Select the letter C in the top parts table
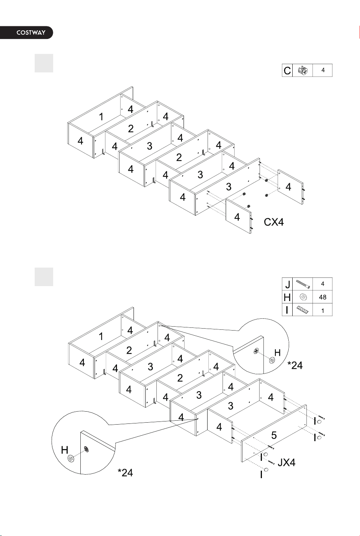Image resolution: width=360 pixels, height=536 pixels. point(287,70)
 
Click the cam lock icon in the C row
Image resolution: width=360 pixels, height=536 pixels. point(303,70)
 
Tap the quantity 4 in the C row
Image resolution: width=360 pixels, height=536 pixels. point(323,70)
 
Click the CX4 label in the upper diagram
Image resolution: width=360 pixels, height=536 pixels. point(273,222)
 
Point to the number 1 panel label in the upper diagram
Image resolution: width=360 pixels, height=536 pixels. point(101,117)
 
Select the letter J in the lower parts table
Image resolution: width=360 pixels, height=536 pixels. point(288,284)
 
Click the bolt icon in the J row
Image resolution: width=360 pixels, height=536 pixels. point(303,284)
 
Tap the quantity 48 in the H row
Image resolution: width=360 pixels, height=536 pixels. point(323,297)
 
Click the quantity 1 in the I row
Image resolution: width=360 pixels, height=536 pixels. point(323,311)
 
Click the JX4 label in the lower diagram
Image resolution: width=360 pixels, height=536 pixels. point(286,462)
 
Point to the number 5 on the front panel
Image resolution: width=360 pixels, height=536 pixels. point(274,435)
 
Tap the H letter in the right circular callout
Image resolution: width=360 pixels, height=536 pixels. point(277,353)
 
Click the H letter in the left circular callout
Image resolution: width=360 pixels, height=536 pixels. point(65,450)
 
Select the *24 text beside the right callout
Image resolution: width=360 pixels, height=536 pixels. point(295,365)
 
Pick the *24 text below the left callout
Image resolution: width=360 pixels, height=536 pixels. point(125,473)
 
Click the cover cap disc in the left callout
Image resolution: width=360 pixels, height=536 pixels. point(71,458)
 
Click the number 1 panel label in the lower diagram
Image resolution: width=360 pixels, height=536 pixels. point(101,336)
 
